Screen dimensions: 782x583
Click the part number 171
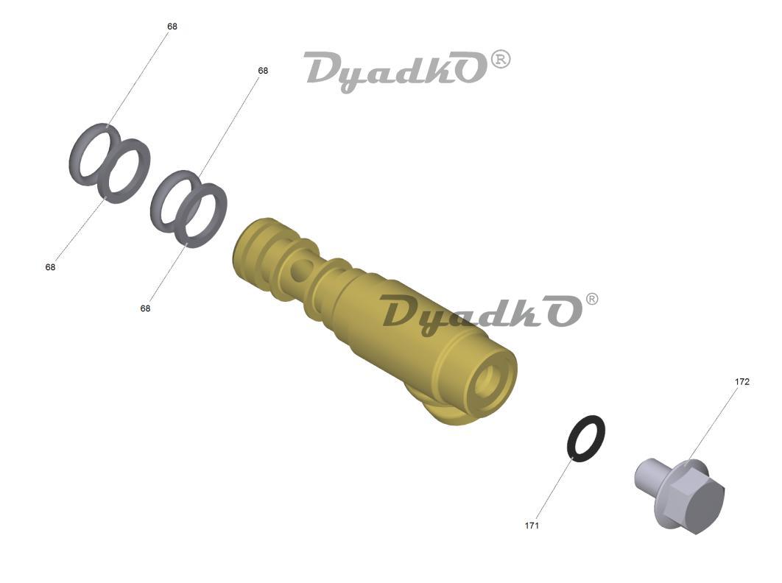coord(532,526)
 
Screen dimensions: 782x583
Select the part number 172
coord(742,382)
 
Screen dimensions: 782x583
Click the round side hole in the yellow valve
coord(298,270)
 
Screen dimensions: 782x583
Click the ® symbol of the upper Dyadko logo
coord(501,60)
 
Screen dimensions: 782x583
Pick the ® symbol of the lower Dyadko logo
coord(591,300)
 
